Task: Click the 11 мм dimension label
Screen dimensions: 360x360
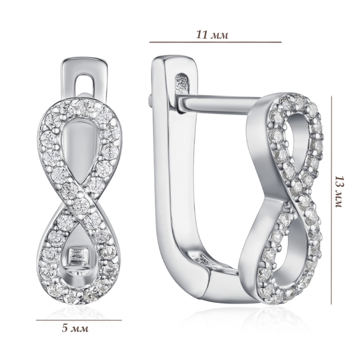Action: [x=212, y=35]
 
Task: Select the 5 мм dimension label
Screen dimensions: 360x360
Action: [x=75, y=329]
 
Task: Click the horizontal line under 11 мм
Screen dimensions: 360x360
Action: [x=215, y=42]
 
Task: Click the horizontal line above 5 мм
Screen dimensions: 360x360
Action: [x=79, y=320]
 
